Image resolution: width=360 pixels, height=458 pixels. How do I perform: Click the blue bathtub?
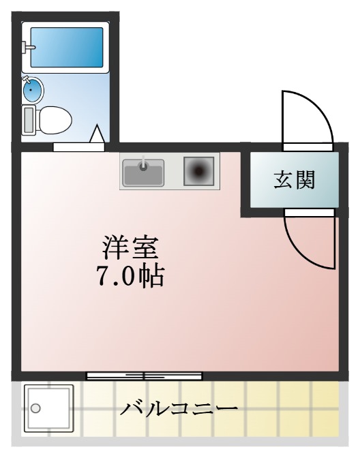[65, 48]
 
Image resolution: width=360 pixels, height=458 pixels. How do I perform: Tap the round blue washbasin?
[33, 89]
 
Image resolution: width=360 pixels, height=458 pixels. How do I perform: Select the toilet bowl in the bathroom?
[55, 121]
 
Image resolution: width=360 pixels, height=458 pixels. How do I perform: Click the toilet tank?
[29, 121]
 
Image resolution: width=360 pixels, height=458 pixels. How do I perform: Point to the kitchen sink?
[142, 171]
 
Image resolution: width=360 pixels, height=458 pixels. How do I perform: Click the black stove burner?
[199, 171]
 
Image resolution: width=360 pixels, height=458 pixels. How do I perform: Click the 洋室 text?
[132, 246]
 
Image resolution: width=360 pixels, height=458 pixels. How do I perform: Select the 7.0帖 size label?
[132, 275]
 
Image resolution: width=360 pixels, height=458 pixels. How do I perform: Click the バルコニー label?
[180, 409]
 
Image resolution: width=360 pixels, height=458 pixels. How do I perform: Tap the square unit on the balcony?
[48, 408]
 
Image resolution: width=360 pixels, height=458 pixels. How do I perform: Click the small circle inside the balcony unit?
[36, 409]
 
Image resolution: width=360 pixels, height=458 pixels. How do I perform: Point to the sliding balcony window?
[145, 376]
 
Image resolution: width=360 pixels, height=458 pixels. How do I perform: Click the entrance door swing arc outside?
[307, 116]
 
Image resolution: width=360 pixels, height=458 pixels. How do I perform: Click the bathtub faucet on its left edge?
[27, 47]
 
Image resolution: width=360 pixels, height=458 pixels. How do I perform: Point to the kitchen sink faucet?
[143, 164]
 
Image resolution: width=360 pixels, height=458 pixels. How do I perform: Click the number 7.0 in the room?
[118, 276]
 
